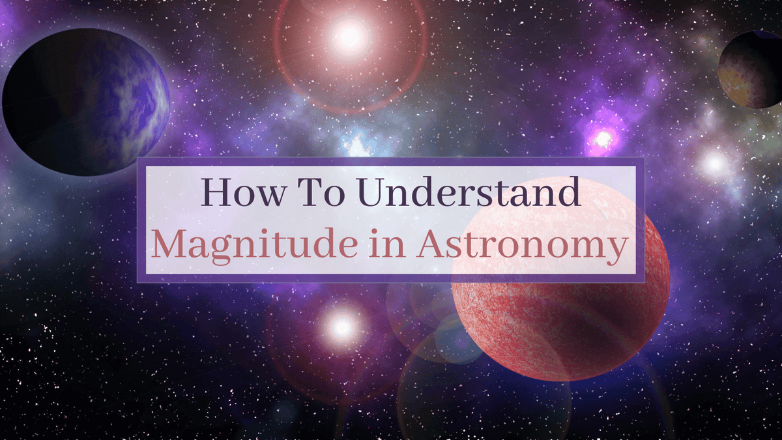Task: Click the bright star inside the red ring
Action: tap(350, 37)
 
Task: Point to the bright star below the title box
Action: tap(341, 326)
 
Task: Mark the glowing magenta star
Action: tap(603, 138)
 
